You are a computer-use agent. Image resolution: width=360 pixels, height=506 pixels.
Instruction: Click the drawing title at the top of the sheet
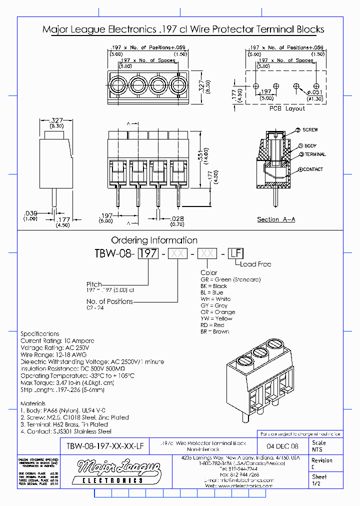(x=183, y=30)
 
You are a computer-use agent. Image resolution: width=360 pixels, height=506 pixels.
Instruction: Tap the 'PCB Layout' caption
(x=287, y=108)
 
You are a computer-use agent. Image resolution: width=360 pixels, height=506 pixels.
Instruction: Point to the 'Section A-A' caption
(x=276, y=219)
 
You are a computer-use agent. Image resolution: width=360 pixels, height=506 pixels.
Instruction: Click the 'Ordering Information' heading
(x=154, y=240)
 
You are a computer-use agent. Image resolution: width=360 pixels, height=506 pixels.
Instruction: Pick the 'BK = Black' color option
(x=214, y=286)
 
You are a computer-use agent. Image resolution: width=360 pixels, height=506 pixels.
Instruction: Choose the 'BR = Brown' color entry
(x=215, y=331)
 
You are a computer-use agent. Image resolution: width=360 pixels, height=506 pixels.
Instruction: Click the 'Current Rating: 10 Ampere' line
(x=57, y=340)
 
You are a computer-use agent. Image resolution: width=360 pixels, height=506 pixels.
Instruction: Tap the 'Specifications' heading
(x=40, y=333)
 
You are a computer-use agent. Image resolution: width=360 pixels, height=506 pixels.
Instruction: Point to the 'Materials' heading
(x=33, y=403)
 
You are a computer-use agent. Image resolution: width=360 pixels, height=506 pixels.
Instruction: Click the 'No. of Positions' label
(x=109, y=301)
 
